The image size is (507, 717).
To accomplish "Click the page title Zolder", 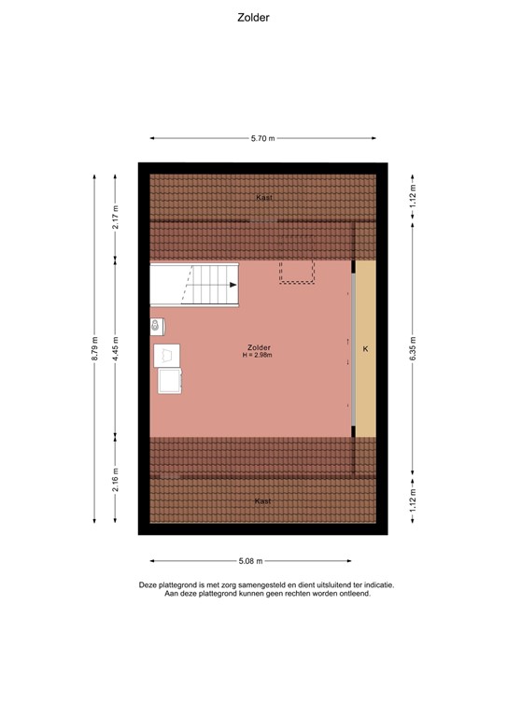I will point(253,17).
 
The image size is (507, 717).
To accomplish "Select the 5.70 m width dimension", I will point(262,138).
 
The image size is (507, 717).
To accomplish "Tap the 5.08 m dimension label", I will point(250,561).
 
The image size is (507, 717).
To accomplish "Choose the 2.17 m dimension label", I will point(116,217).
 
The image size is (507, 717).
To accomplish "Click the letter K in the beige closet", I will point(366,349).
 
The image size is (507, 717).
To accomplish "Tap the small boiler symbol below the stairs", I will point(157,326).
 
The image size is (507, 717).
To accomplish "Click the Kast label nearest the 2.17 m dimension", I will point(263,198).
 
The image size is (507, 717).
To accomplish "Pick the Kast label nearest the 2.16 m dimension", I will point(263,501).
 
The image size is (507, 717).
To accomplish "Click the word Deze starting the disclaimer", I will point(149,585).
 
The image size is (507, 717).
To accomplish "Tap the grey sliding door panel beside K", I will point(354,349).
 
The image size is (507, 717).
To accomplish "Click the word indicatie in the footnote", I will point(375,585).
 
